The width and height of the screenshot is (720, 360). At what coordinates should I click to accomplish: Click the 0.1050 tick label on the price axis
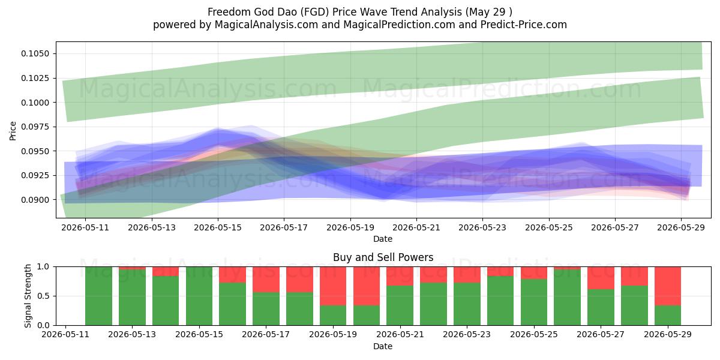click(x=35, y=53)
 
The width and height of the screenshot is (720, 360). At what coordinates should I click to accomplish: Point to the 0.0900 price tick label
click(x=35, y=200)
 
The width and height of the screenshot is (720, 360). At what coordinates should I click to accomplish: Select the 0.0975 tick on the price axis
click(x=35, y=127)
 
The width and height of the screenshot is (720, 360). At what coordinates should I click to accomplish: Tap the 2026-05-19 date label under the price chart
click(x=350, y=227)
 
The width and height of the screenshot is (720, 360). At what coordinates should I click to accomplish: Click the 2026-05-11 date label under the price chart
click(x=85, y=227)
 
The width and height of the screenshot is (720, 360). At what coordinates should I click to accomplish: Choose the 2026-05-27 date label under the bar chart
click(x=601, y=334)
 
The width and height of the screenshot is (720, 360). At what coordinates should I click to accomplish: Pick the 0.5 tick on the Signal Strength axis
click(x=43, y=296)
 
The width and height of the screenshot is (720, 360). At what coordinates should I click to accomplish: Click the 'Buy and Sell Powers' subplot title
click(x=383, y=257)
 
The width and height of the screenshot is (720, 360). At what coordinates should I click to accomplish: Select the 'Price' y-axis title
click(x=13, y=131)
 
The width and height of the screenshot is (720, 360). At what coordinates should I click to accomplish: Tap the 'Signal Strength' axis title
click(x=28, y=296)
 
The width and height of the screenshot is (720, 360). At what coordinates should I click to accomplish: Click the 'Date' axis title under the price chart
click(x=383, y=239)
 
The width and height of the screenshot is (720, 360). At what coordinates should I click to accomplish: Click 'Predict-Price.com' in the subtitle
click(x=524, y=25)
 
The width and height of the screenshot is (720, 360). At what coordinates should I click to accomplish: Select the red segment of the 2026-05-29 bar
click(x=668, y=286)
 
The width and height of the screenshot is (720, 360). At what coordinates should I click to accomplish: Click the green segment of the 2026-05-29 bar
click(x=668, y=316)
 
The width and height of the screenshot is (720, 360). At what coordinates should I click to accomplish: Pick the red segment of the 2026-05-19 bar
click(x=333, y=286)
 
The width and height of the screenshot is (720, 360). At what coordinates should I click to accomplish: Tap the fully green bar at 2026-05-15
click(x=199, y=296)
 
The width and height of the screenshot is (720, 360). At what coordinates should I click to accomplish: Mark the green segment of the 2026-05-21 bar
click(x=400, y=305)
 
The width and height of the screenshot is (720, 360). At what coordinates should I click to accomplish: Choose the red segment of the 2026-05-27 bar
click(x=601, y=278)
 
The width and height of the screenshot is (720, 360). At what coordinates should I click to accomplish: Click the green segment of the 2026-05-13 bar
click(x=132, y=298)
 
